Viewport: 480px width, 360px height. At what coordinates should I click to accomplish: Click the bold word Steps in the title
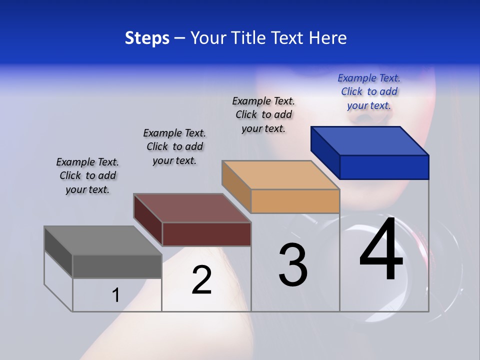tap(147, 38)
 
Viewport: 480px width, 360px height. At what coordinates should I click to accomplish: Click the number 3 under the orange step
tap(293, 265)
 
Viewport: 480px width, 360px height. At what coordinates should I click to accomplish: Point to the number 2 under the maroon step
tap(201, 280)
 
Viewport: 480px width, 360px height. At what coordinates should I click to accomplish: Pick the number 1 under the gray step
tap(115, 295)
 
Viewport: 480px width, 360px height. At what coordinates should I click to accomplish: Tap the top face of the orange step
tap(280, 175)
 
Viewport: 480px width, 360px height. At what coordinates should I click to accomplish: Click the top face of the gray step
tap(103, 240)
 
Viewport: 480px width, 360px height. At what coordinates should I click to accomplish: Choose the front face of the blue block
tap(384, 167)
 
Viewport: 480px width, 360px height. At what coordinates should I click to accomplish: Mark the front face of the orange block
tap(295, 201)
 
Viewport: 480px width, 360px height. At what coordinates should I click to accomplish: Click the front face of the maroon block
tap(206, 234)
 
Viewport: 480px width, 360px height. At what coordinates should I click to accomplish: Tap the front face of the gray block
tap(117, 266)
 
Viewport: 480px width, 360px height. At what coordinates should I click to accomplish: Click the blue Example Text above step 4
tap(369, 92)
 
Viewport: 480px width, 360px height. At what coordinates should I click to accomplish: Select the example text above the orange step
tap(263, 114)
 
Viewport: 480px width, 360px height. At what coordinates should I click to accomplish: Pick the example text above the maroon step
tap(174, 146)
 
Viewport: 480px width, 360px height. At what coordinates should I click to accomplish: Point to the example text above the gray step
tap(87, 175)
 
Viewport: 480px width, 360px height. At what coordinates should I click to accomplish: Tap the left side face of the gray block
tap(58, 251)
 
